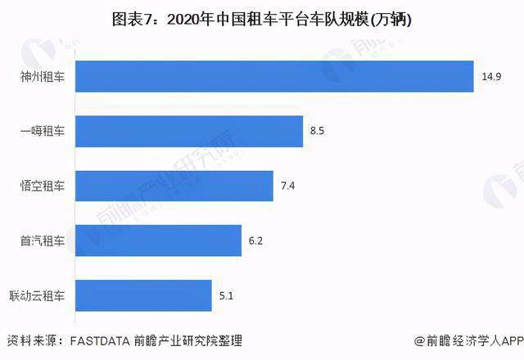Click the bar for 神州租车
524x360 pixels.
tap(276, 77)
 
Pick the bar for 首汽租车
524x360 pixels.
tap(160, 241)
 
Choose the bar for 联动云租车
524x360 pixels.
tap(145, 295)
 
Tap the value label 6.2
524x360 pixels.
tap(255, 241)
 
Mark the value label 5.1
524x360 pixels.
tap(225, 295)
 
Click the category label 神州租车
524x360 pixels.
tap(43, 77)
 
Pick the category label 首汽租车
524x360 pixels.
tap(43, 241)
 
